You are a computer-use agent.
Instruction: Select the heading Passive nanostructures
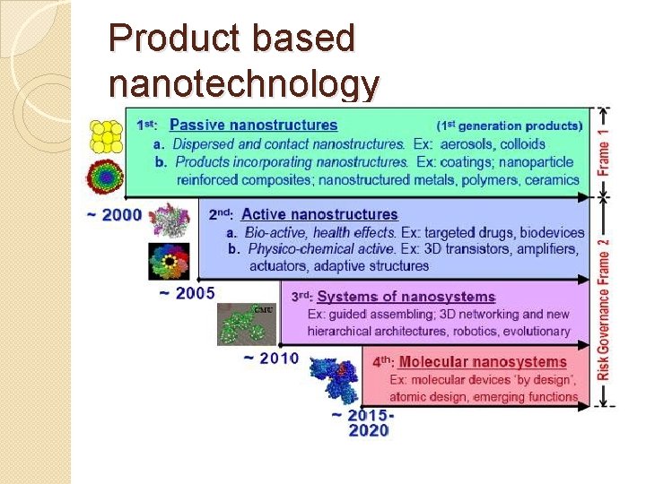[253, 125]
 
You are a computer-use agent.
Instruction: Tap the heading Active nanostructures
[319, 214]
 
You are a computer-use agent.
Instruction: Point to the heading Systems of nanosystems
[406, 297]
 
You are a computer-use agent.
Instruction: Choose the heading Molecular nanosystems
[483, 362]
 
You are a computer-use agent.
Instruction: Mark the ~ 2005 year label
[186, 293]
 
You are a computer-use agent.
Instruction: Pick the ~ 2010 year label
[271, 359]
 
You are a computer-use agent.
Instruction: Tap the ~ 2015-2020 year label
[362, 422]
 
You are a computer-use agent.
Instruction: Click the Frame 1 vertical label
[605, 147]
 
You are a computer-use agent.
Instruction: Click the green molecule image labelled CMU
[248, 323]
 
